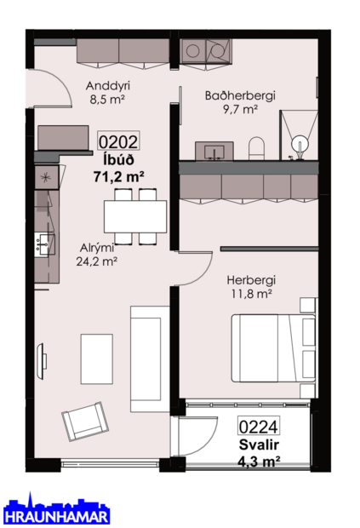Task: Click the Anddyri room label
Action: coord(106,85)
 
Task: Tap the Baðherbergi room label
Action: coord(239,95)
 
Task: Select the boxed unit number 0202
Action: coord(119,142)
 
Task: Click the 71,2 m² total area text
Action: coord(118,176)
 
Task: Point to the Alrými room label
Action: coord(96,248)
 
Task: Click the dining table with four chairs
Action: coord(135,215)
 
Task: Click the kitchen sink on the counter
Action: coord(42,245)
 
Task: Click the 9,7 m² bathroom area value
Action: coord(239,109)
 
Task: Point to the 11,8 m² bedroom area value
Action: coord(249,294)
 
